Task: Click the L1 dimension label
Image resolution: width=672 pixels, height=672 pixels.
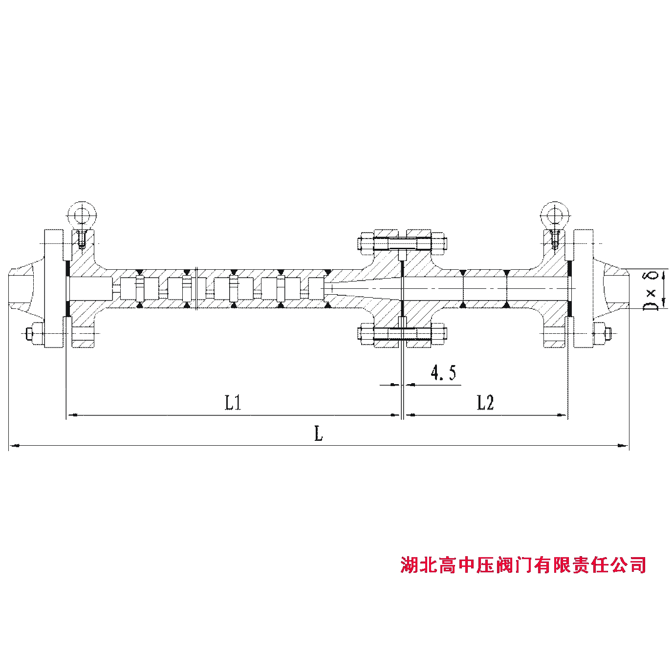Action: click(x=234, y=403)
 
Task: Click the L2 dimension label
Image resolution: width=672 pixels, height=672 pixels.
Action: click(x=485, y=403)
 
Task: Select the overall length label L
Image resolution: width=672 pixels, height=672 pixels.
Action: click(x=319, y=434)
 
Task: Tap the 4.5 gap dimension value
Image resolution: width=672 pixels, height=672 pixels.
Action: click(x=443, y=373)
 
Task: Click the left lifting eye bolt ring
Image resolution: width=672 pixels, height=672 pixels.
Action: click(x=82, y=214)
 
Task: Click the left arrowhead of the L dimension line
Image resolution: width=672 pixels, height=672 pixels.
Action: click(x=15, y=445)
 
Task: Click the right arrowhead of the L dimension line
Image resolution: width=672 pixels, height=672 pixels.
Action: click(x=623, y=445)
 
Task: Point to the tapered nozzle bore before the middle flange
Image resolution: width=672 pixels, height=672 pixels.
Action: click(x=362, y=289)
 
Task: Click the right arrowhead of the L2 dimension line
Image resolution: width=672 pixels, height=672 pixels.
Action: click(x=563, y=415)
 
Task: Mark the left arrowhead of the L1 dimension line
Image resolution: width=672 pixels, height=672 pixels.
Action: click(x=71, y=415)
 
